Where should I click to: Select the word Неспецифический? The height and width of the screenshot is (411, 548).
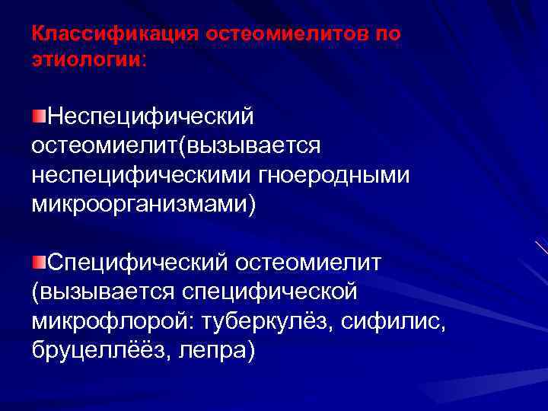click(150, 117)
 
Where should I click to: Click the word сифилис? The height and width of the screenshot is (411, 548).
click(399, 321)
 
